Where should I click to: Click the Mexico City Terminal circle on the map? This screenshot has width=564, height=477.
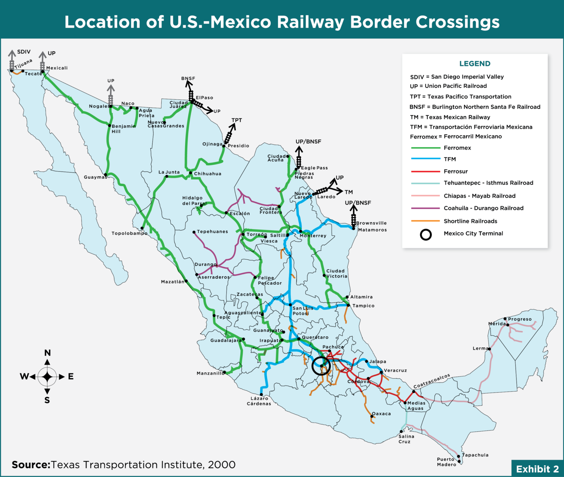(x=321, y=366)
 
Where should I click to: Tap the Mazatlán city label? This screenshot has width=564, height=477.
(x=173, y=282)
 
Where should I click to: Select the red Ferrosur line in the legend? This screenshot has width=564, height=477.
(x=426, y=171)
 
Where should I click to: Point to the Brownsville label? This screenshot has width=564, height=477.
(x=371, y=223)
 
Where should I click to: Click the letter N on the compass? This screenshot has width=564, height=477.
(x=47, y=353)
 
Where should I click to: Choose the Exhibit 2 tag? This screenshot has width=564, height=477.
(x=537, y=469)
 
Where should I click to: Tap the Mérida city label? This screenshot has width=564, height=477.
(x=497, y=324)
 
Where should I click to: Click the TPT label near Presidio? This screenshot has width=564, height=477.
(x=237, y=120)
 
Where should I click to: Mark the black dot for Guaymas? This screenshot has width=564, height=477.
(x=106, y=175)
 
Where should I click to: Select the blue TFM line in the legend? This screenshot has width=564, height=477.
(x=426, y=159)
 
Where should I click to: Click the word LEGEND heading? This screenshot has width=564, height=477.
(x=475, y=64)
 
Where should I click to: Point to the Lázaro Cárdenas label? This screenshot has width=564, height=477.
(x=259, y=401)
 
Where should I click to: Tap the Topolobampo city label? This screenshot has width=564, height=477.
(x=130, y=233)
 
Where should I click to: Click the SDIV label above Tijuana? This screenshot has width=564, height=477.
(x=24, y=52)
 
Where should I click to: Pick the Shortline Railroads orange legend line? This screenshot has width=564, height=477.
(x=426, y=221)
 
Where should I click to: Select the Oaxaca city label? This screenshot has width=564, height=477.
(x=382, y=413)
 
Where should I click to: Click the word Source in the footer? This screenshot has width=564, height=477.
(x=31, y=465)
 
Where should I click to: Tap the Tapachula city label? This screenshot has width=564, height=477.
(x=475, y=455)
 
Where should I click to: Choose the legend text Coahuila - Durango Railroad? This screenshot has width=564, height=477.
(x=484, y=208)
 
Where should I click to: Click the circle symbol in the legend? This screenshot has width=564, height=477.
(x=426, y=235)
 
